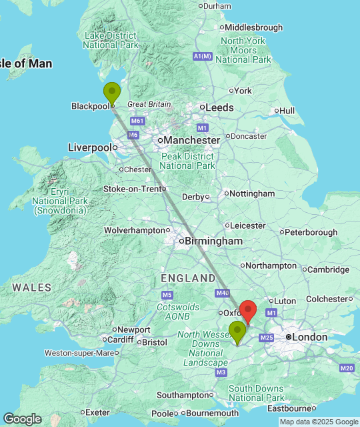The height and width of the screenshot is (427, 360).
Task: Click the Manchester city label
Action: (x=189, y=141)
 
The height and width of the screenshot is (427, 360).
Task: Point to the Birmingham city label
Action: (x=213, y=241)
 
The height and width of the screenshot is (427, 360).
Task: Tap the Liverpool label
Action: (x=89, y=147)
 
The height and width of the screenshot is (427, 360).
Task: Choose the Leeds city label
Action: (x=219, y=107)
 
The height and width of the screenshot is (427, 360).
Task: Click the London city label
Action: (x=310, y=338)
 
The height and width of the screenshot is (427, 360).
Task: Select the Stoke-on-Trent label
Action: (x=132, y=189)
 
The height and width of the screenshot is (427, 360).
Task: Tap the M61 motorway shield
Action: (x=137, y=121)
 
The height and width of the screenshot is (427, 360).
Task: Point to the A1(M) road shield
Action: (x=203, y=57)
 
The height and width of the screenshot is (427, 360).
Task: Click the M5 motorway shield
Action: (x=167, y=295)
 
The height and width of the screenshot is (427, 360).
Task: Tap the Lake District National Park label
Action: (x=110, y=40)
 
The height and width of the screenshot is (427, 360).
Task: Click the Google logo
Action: (x=21, y=419)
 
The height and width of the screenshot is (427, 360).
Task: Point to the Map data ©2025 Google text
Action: (x=319, y=422)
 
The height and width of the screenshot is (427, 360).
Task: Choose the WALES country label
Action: (x=31, y=288)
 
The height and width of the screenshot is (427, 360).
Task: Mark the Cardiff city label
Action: (x=121, y=340)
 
